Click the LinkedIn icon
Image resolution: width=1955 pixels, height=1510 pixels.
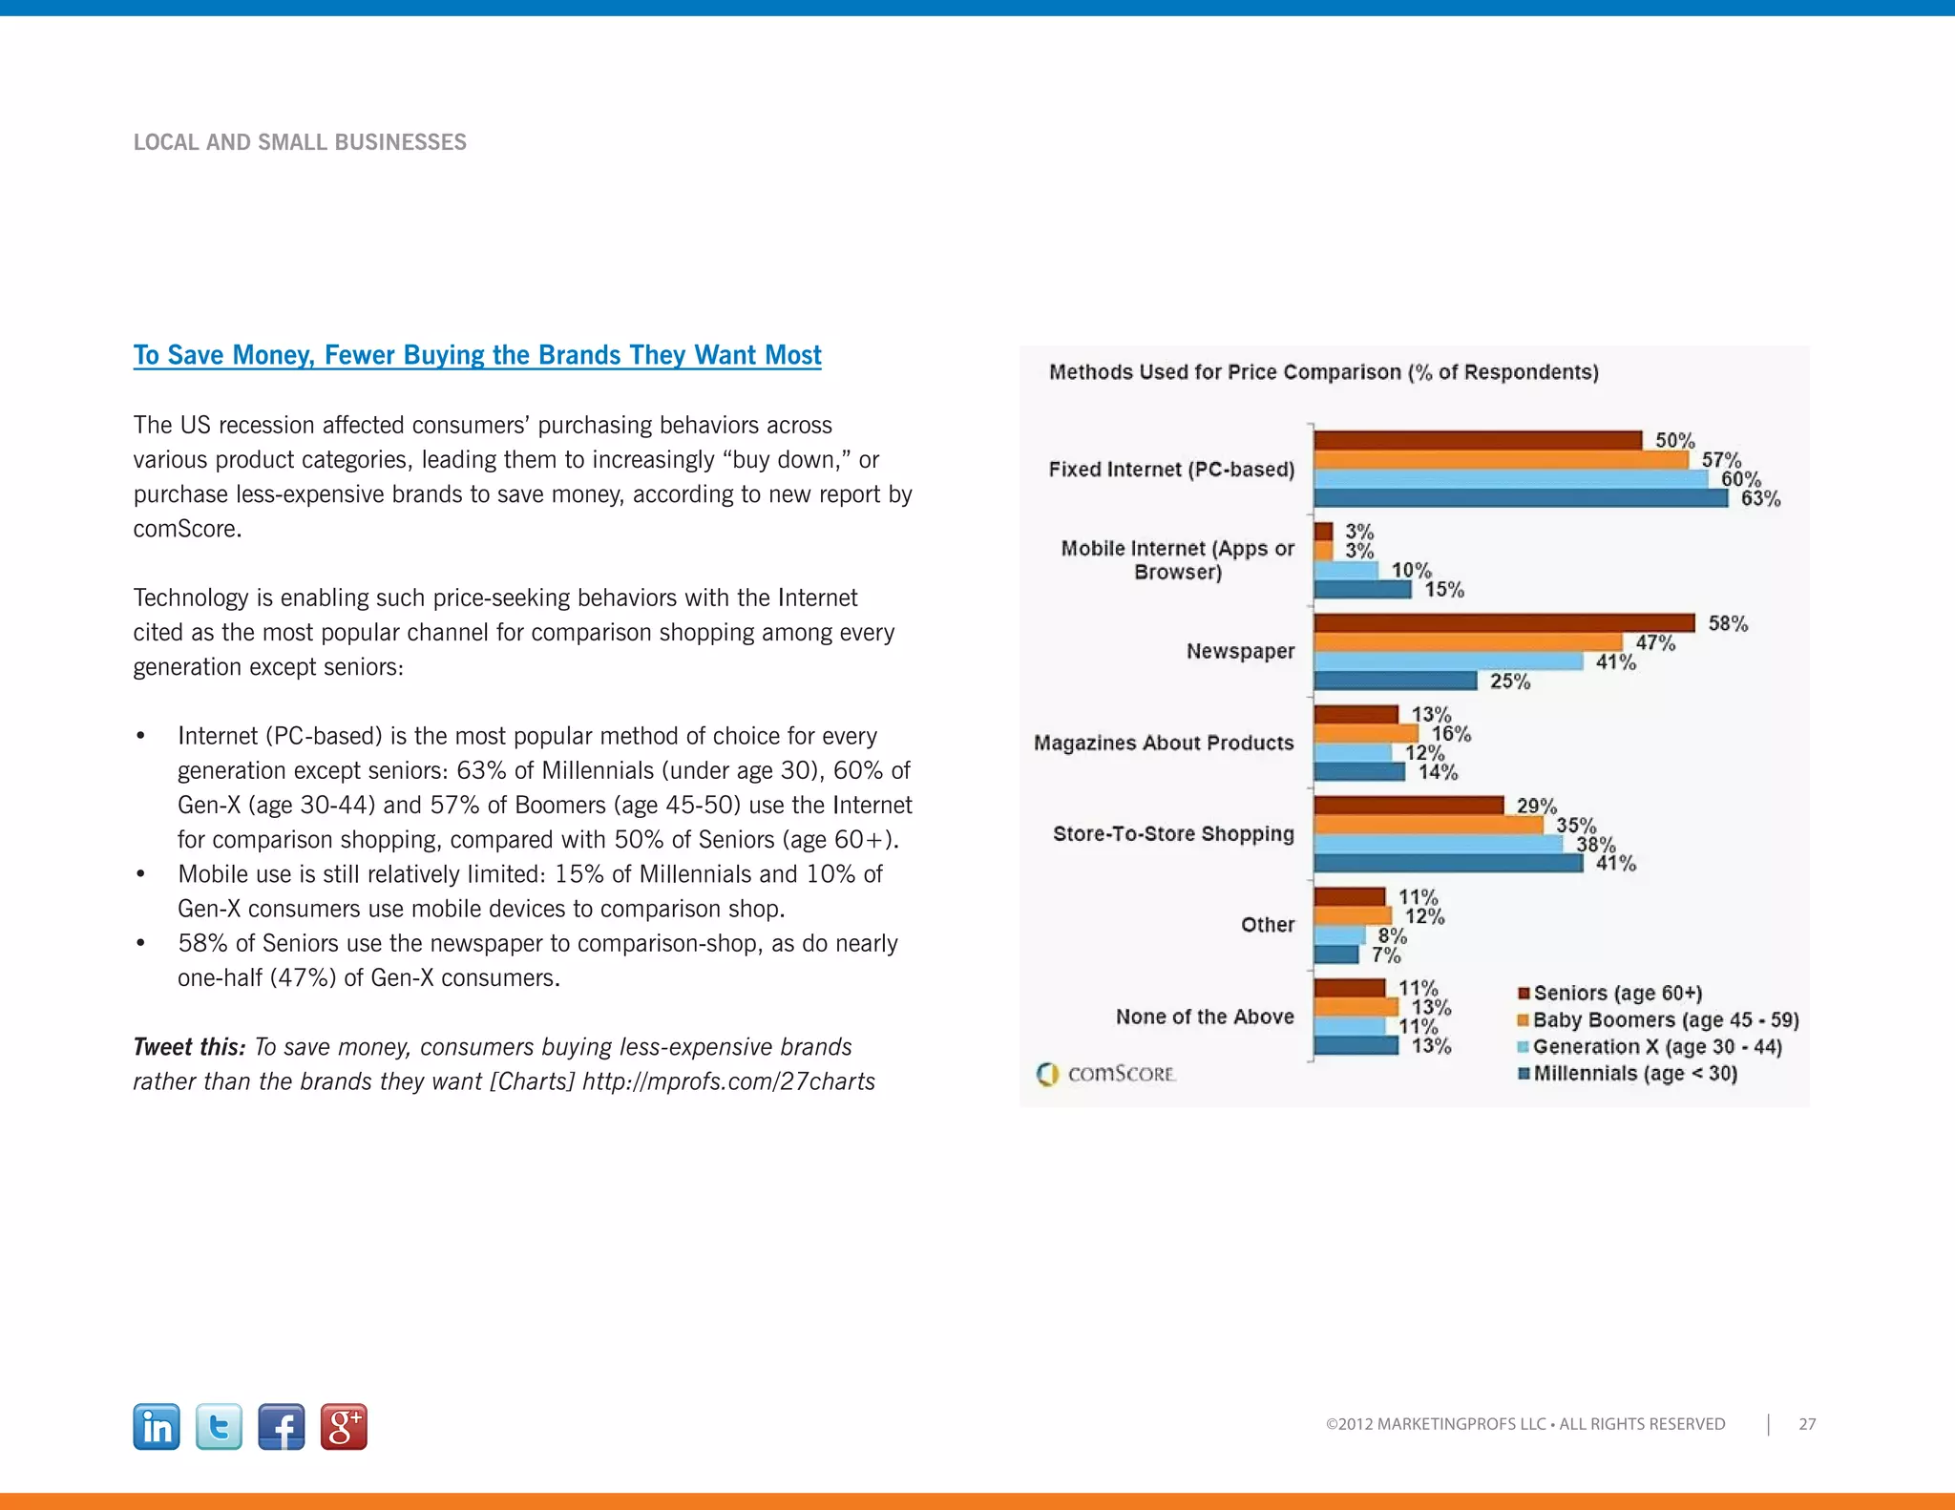click(157, 1427)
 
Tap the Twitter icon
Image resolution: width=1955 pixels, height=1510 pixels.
click(219, 1427)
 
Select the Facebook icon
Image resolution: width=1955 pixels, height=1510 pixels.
click(282, 1427)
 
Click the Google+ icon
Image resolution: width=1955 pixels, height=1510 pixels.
click(344, 1427)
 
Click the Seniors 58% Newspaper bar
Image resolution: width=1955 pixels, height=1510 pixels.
click(1503, 623)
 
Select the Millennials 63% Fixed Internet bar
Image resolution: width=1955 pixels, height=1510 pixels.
click(1520, 498)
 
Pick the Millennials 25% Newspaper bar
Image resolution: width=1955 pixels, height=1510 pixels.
click(1395, 681)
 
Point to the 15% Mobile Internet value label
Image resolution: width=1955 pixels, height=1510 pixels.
click(1444, 590)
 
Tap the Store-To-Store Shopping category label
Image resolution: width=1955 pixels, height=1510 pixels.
click(1173, 834)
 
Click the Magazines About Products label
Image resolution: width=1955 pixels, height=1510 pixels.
click(1164, 743)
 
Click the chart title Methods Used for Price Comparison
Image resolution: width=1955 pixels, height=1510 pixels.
click(1323, 372)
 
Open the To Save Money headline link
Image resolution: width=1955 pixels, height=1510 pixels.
click(476, 355)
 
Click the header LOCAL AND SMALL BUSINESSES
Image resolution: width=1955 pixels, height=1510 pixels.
click(300, 142)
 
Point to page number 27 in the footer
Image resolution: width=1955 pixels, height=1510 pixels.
click(1807, 1424)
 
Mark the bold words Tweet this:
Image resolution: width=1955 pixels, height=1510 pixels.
click(189, 1047)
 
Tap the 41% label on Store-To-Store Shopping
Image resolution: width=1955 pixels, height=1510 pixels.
click(1615, 864)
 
